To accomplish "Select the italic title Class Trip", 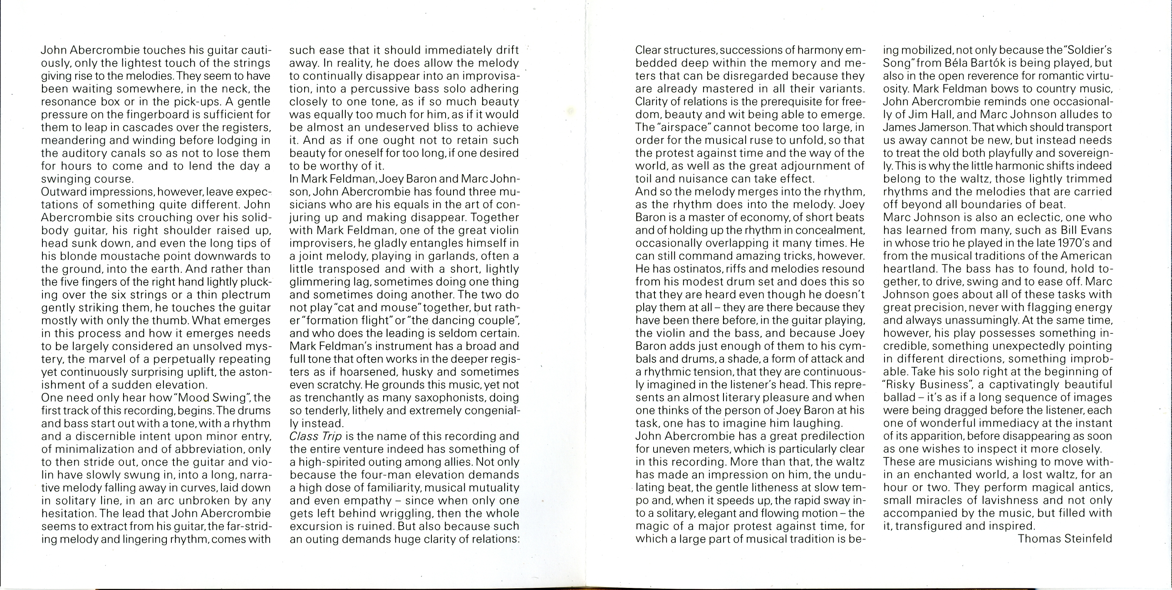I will click(x=315, y=436).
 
